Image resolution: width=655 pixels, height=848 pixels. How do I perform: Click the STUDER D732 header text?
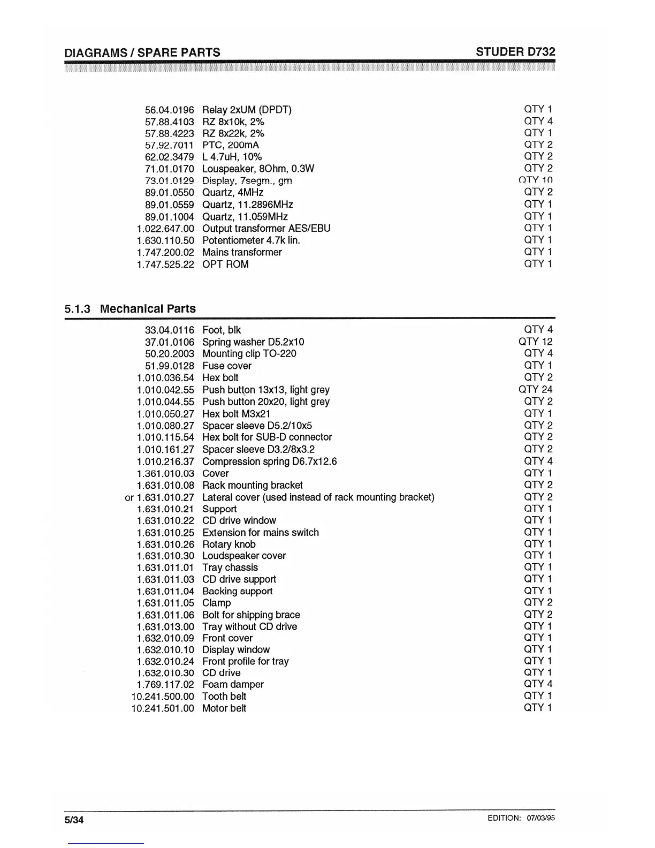(515, 52)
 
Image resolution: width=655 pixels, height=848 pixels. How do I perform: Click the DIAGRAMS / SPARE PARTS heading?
(142, 52)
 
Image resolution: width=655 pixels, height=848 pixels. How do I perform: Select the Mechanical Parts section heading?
(148, 309)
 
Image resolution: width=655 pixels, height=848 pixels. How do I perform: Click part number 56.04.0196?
(169, 110)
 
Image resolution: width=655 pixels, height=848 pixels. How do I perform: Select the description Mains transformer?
(242, 252)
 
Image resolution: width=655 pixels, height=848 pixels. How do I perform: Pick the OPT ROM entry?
(225, 264)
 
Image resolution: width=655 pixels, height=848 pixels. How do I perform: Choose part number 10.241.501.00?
(163, 708)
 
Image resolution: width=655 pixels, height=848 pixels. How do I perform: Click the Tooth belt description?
(224, 696)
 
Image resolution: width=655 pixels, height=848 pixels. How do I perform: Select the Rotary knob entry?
(229, 544)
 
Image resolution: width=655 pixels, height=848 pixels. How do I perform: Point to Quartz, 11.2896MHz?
(248, 205)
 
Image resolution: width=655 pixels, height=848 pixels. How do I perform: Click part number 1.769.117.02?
(165, 685)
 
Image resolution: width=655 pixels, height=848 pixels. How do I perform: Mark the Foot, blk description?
(222, 330)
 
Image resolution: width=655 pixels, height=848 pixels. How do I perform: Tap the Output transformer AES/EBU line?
(266, 229)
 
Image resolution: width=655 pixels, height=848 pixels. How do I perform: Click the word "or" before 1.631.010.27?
(130, 498)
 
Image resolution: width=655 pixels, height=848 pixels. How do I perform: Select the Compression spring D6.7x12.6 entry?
(270, 461)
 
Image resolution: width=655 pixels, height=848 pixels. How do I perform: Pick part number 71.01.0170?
(169, 169)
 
